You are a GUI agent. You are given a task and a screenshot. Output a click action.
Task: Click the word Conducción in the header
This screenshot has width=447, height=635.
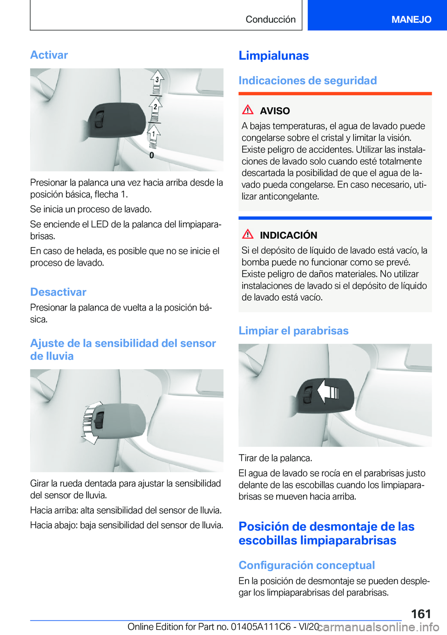[x=271, y=19]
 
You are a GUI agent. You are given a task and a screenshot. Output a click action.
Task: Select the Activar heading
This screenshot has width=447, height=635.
[x=49, y=55]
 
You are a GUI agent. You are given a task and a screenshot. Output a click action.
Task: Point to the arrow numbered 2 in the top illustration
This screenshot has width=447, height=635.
[x=156, y=107]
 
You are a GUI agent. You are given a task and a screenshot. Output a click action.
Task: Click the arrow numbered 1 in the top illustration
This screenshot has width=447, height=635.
[x=154, y=134]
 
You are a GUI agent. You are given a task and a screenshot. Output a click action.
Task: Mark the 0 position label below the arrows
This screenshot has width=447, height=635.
[x=152, y=155]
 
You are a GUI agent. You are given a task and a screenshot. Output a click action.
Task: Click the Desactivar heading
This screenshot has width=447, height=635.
[x=58, y=292]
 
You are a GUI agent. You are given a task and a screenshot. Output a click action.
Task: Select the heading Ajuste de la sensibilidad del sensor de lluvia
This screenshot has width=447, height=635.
[x=123, y=350]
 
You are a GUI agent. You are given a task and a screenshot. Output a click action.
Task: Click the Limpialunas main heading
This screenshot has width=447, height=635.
[x=274, y=55]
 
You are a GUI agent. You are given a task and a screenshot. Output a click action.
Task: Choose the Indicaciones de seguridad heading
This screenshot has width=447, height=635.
[x=307, y=81]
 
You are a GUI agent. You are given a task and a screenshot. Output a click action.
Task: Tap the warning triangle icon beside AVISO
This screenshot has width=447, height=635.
[x=248, y=110]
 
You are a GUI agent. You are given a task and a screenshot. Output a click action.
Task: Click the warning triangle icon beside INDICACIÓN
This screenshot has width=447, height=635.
[x=248, y=235]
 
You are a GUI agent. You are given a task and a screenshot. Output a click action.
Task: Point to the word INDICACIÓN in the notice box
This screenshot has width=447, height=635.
[x=288, y=235]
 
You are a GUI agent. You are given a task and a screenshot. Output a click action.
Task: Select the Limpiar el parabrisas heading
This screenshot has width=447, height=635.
[x=293, y=331]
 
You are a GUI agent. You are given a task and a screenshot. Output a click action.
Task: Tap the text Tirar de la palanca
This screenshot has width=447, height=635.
[x=275, y=458]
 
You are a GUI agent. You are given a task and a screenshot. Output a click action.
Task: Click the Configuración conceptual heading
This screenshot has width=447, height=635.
[x=306, y=565]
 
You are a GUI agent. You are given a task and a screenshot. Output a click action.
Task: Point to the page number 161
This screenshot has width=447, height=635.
[x=421, y=614]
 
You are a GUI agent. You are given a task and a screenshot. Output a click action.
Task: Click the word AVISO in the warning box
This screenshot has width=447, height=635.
[x=275, y=111]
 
